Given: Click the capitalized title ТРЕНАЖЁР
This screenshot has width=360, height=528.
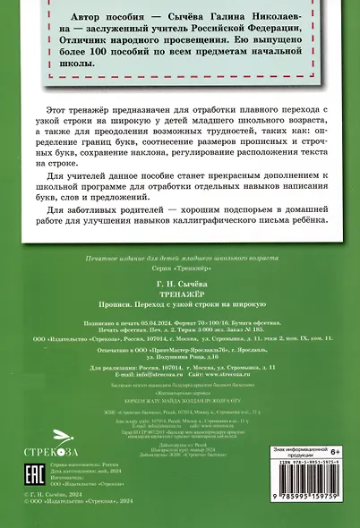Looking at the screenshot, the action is tap(180, 287).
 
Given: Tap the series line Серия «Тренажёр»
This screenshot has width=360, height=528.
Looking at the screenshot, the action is tap(179, 268).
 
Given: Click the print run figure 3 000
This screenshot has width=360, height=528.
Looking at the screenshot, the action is tap(211, 319).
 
